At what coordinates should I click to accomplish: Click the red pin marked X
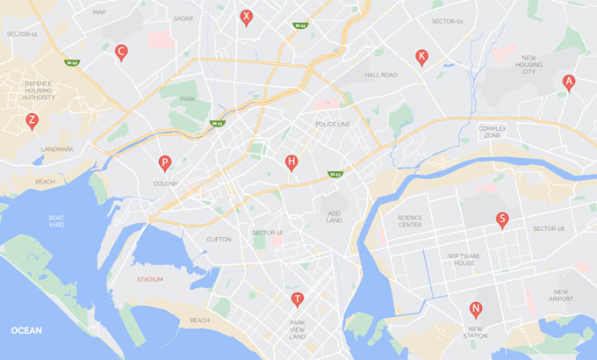(247, 17)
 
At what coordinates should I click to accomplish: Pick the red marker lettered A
(569, 83)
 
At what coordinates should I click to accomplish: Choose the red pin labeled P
(164, 163)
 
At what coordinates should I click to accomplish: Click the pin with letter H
(291, 162)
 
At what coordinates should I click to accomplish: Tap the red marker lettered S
(502, 220)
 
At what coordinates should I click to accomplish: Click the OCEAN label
(27, 330)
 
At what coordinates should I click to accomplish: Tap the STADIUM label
(150, 280)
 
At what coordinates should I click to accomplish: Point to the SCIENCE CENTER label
(410, 221)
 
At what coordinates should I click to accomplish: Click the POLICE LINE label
(333, 125)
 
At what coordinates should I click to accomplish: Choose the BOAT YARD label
(56, 221)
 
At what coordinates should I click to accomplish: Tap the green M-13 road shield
(334, 174)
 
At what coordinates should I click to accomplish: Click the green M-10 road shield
(71, 63)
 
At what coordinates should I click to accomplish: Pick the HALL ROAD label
(381, 76)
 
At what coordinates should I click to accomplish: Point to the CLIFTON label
(219, 239)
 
